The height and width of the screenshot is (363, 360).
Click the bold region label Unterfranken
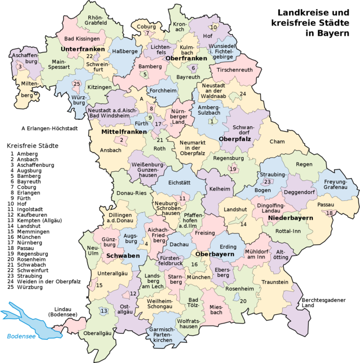click(x=83, y=49)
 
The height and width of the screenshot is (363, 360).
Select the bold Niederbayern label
click(x=290, y=218)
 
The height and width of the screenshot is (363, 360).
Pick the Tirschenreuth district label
click(x=235, y=70)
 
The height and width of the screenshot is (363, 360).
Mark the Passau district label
click(x=326, y=205)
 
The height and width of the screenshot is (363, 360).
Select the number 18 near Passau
click(x=329, y=213)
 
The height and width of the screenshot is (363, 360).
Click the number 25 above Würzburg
click(x=77, y=83)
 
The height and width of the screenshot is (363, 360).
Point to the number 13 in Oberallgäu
click(x=104, y=310)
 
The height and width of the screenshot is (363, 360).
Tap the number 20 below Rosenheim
click(x=243, y=301)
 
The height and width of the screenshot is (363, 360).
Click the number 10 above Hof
click(x=213, y=27)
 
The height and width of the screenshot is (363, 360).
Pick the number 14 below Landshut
click(x=243, y=224)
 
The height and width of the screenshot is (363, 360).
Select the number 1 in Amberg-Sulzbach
click(x=211, y=121)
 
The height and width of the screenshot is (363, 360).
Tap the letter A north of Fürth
click(x=141, y=99)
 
